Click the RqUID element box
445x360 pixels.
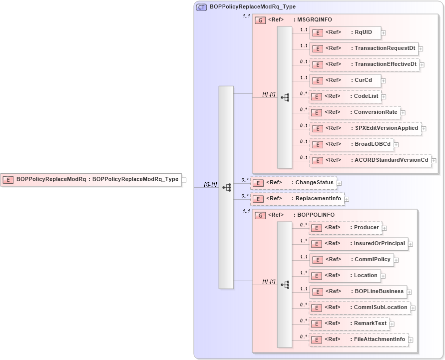pyautogui.click(x=345, y=33)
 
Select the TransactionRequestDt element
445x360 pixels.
pyautogui.click(x=364, y=48)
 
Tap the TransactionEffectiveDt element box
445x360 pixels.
pyautogui.click(x=365, y=64)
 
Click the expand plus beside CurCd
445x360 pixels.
pyautogui.click(x=383, y=80)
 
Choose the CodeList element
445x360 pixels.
pyautogui.click(x=345, y=96)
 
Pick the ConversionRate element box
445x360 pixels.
pyautogui.click(x=355, y=112)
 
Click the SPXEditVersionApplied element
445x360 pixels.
pyautogui.click(x=366, y=128)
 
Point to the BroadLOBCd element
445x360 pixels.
pyautogui.click(x=352, y=145)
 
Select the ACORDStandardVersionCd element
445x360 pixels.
pyautogui.click(x=370, y=160)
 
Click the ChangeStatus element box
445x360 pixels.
pyautogui.click(x=293, y=183)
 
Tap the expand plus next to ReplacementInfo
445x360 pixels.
pyautogui.click(x=347, y=199)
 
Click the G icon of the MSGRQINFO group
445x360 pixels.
pyautogui.click(x=260, y=20)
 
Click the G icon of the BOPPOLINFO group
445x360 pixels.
pyautogui.click(x=260, y=215)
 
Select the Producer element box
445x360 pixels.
pyautogui.click(x=345, y=228)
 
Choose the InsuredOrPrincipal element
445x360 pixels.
pyautogui.click(x=358, y=244)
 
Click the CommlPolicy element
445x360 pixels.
pyautogui.click(x=352, y=260)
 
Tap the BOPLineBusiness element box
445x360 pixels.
pyautogui.click(x=358, y=292)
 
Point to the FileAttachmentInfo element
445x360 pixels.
pyautogui.click(x=358, y=340)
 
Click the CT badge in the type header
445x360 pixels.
pyautogui.click(x=201, y=7)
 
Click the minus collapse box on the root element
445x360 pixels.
pyautogui.click(x=184, y=180)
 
